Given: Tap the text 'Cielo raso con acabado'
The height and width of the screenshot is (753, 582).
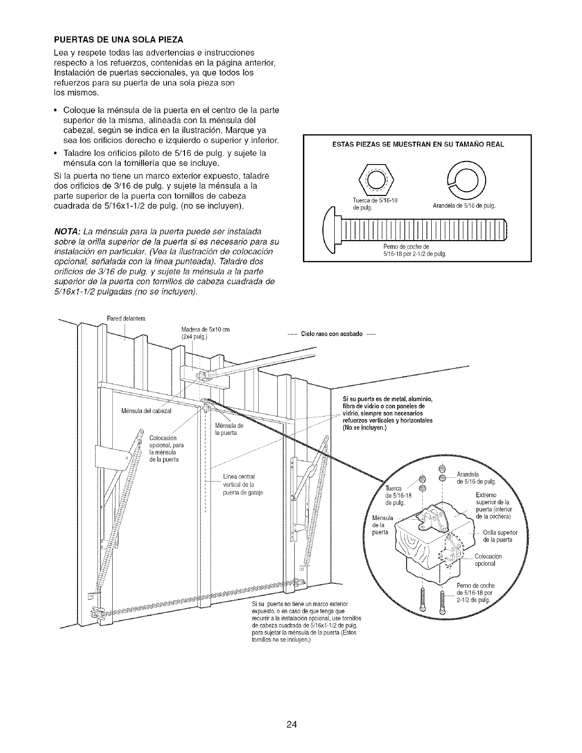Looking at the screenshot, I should (331, 334).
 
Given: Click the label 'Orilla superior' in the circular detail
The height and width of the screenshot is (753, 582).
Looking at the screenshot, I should (500, 532).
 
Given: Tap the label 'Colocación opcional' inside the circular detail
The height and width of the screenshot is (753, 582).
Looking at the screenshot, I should (488, 560).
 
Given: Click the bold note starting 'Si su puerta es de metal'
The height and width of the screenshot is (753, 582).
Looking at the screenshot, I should (388, 413).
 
